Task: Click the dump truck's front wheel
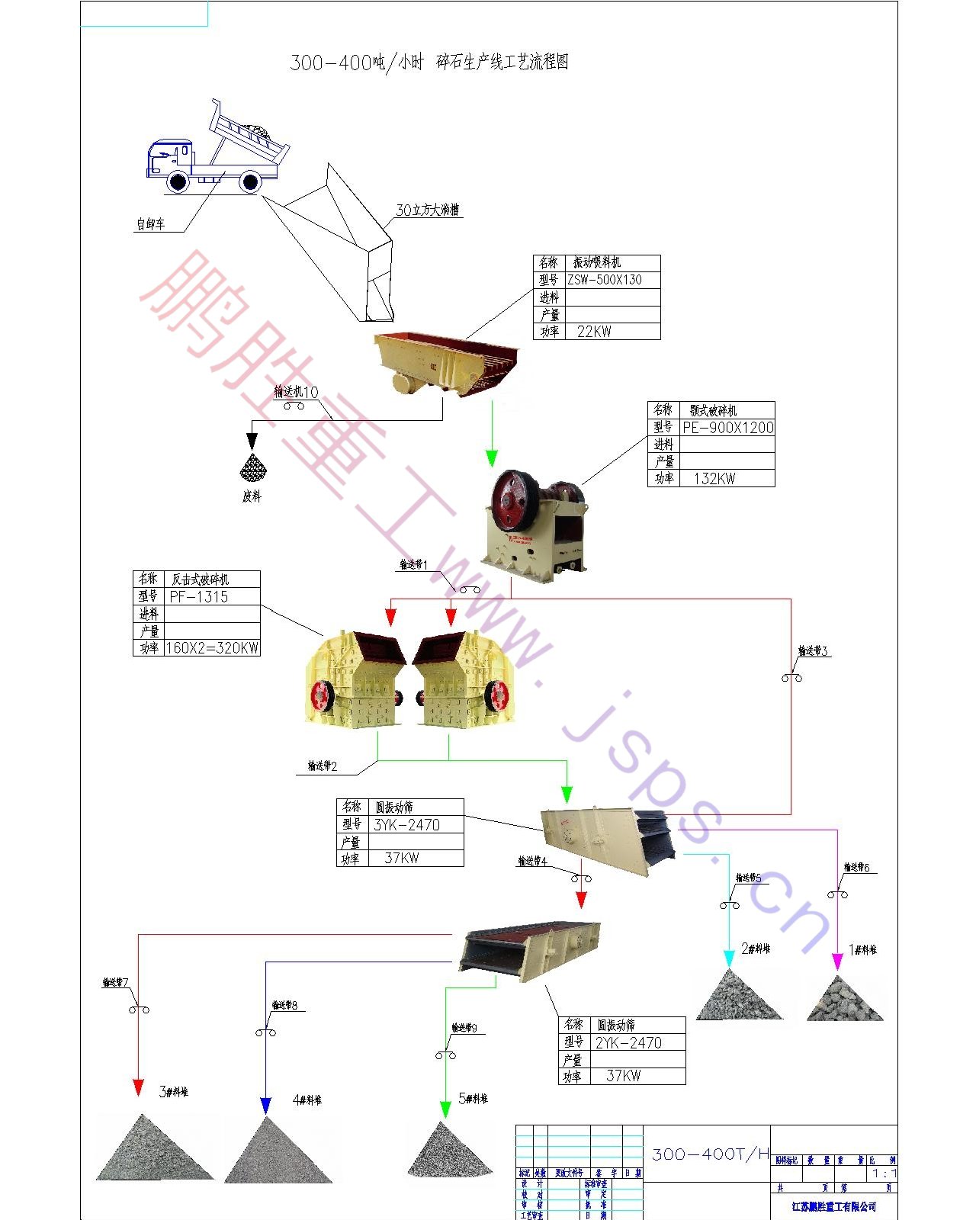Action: tap(178, 181)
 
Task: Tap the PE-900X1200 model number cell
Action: tap(727, 428)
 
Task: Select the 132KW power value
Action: tap(714, 479)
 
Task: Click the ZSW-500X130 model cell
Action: tap(605, 280)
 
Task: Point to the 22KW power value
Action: tap(594, 332)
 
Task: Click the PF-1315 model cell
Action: tap(199, 597)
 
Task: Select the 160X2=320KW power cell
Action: tap(212, 648)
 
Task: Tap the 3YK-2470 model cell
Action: tap(406, 825)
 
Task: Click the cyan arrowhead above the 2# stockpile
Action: tap(729, 959)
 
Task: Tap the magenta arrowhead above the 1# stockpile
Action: tap(837, 962)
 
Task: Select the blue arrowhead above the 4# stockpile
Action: tap(265, 1105)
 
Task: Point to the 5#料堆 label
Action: tap(473, 1099)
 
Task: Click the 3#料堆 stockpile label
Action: tap(173, 1092)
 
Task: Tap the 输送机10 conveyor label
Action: tap(296, 392)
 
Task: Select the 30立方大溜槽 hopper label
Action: tap(427, 210)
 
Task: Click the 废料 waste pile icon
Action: tap(252, 468)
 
